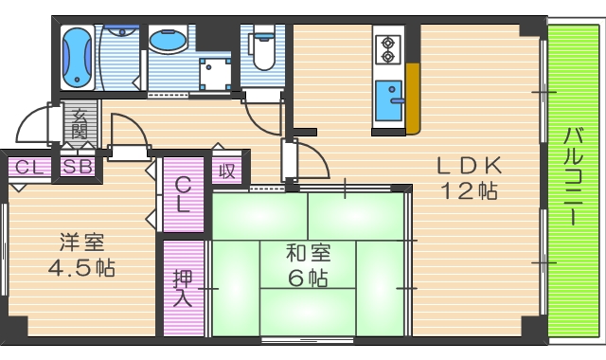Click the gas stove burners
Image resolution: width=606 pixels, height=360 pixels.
click(387, 49)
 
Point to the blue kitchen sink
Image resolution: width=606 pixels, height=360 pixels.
click(388, 100)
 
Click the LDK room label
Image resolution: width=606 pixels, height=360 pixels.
click(468, 165)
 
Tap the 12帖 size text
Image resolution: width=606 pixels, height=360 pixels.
click(468, 189)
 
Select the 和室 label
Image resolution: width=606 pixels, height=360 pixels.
click(308, 254)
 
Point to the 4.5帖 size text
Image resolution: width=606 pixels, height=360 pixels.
click(81, 268)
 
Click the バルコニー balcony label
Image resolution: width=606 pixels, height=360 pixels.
click(572, 175)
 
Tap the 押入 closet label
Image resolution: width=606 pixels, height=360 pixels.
click(183, 289)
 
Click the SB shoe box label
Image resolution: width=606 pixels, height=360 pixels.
click(78, 167)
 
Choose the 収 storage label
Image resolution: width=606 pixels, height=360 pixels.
click(227, 171)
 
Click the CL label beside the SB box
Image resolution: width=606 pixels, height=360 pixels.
click(27, 167)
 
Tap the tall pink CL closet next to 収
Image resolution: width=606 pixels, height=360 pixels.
click(183, 193)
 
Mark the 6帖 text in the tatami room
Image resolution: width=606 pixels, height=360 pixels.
click(309, 279)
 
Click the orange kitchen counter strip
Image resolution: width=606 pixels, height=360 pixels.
click(412, 99)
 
